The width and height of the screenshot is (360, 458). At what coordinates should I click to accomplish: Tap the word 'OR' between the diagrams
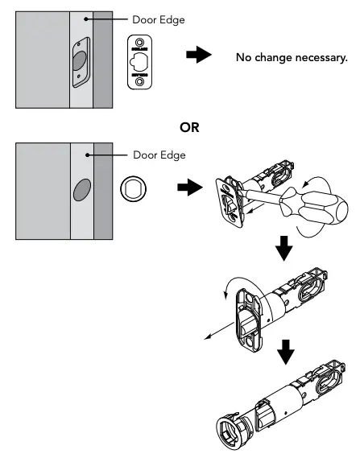point(191,127)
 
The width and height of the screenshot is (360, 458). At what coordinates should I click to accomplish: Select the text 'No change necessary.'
point(291,57)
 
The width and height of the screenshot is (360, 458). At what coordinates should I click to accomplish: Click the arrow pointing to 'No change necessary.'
point(199,55)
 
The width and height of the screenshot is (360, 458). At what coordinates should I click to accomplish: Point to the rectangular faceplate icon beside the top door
point(140,60)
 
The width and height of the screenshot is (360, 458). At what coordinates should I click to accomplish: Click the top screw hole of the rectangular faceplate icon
point(140,40)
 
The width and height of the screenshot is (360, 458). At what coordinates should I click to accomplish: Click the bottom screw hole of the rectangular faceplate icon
point(140,81)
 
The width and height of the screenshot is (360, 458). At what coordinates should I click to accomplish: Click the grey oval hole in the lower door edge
point(81,191)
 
